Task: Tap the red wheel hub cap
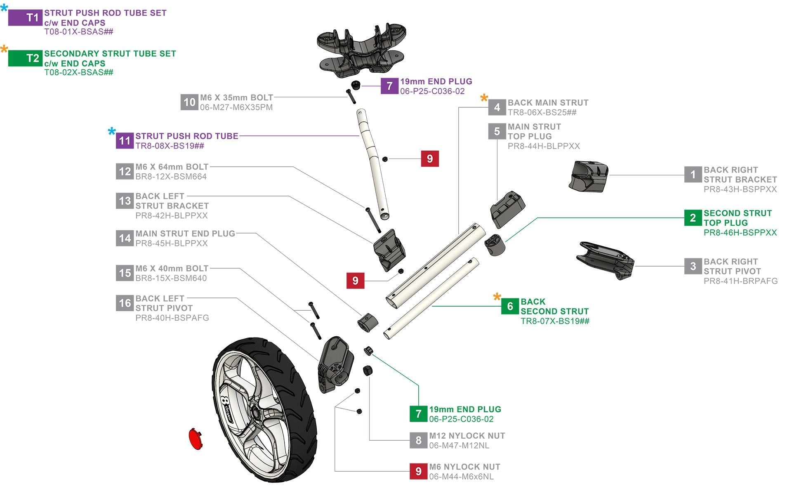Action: click(195, 439)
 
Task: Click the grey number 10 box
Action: click(189, 102)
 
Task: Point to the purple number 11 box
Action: click(125, 141)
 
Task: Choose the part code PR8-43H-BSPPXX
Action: click(740, 189)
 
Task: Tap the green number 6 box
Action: click(510, 306)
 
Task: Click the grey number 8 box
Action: click(418, 440)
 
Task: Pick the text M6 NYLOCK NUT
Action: click(464, 467)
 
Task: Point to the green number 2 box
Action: click(693, 218)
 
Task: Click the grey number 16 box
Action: click(125, 303)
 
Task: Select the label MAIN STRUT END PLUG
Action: click(185, 234)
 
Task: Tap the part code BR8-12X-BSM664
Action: click(171, 177)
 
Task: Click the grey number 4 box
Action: click(497, 107)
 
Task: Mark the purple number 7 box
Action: click(389, 86)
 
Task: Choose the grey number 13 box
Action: click(125, 201)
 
